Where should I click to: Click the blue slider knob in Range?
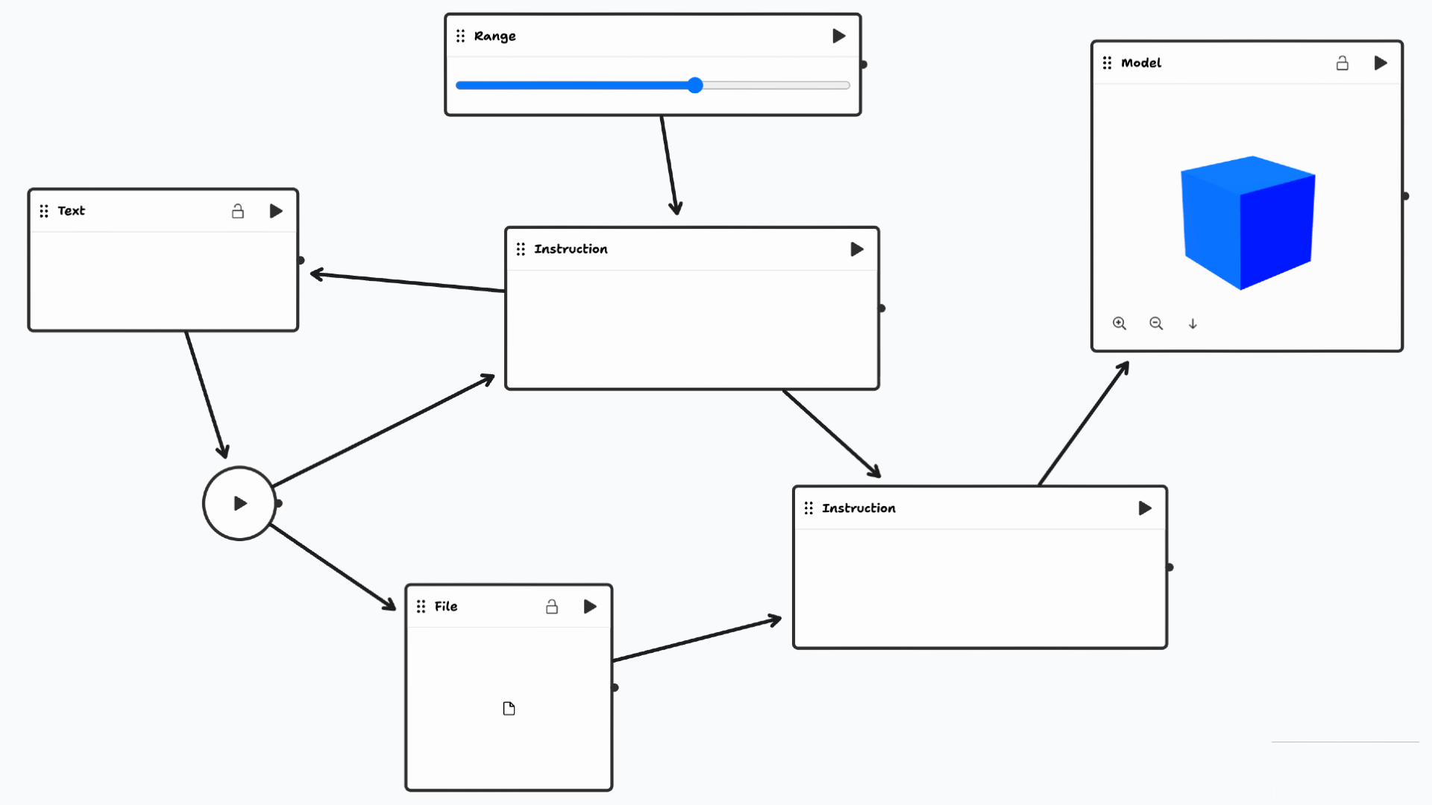(695, 85)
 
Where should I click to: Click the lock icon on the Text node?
(238, 212)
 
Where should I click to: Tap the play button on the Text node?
(276, 212)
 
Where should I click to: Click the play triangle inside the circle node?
(240, 504)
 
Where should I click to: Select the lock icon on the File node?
(552, 607)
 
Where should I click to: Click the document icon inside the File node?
(509, 708)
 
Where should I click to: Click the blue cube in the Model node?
(1247, 222)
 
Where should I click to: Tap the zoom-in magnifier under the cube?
(1119, 323)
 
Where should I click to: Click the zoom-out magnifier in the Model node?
(1156, 323)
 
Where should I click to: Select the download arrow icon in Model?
(1193, 323)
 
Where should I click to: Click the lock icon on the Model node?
(1342, 63)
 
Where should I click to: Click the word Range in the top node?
(494, 36)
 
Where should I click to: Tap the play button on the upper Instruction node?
(857, 249)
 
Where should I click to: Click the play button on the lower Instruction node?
(1145, 508)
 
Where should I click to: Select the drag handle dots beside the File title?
(421, 607)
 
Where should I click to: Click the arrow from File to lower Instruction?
(697, 640)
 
